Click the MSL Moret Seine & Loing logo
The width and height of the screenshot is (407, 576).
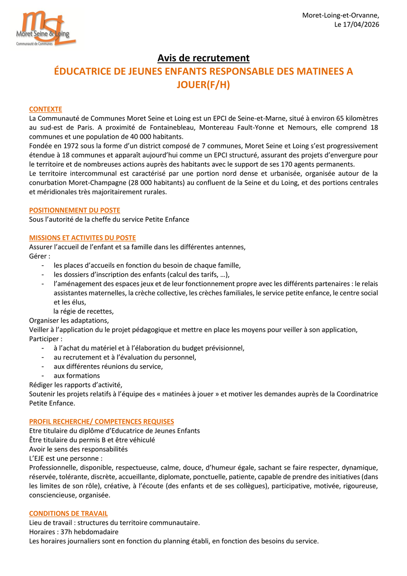tap(45, 29)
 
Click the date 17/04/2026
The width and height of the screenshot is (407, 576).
tap(362, 24)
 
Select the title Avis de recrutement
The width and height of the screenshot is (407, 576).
tap(203, 58)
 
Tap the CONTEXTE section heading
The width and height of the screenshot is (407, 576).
tap(46, 109)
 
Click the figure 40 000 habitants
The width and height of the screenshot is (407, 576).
tap(151, 137)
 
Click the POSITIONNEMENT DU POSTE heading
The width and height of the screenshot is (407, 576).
tap(75, 210)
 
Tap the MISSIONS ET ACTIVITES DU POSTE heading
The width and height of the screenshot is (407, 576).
tap(82, 238)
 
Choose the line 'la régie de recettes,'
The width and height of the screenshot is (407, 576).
tap(84, 311)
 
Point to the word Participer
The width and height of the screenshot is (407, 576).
tap(45, 339)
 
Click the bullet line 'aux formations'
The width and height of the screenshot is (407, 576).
tap(77, 376)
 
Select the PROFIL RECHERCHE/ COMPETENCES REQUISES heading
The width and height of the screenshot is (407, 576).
tap(101, 421)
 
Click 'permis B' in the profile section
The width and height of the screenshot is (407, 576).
tap(101, 440)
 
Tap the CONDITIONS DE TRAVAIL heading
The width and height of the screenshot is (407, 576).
tap(68, 513)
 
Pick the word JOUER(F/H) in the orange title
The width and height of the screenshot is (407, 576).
tap(203, 85)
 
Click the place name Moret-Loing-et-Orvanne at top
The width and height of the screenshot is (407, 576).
tap(341, 15)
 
